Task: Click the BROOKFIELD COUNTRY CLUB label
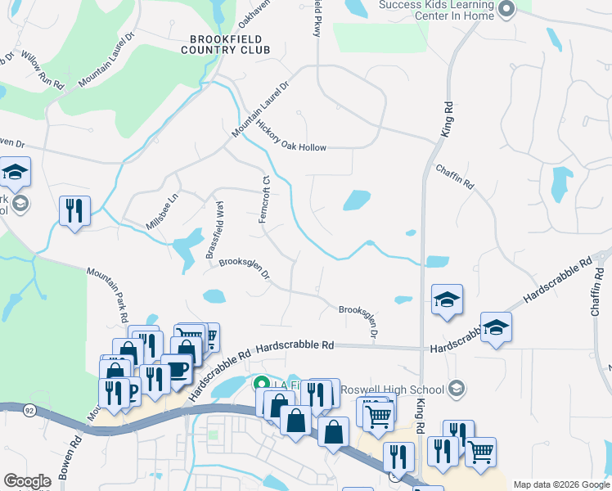[x=229, y=44]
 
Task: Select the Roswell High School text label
[x=402, y=390]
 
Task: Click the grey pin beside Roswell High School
[x=457, y=389]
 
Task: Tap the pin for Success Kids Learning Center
[x=506, y=9]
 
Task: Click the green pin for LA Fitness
[x=262, y=383]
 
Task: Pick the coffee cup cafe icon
[x=177, y=369]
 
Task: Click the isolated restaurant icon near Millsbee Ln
[x=74, y=211]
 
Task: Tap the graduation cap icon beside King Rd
[x=447, y=300]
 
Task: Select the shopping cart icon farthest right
[x=480, y=451]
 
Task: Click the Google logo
[x=27, y=481]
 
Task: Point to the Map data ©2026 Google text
[x=561, y=484]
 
